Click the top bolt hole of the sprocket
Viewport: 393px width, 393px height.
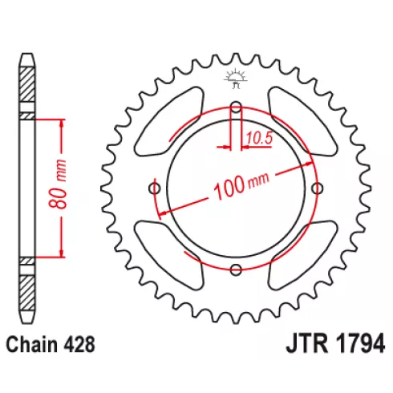(x=236, y=107)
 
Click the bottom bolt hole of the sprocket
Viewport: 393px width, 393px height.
(x=236, y=269)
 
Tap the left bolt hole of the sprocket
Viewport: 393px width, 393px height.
(x=155, y=188)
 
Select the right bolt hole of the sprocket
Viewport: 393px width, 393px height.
(x=317, y=188)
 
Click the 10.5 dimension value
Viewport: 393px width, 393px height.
(x=259, y=138)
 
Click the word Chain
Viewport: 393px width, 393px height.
(x=32, y=345)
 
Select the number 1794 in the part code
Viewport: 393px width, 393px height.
(x=359, y=344)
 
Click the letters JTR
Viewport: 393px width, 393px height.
(x=307, y=344)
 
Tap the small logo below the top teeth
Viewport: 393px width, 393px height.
(x=236, y=78)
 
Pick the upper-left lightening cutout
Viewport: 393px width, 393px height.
(x=169, y=121)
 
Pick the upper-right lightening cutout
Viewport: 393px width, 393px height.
(x=302, y=121)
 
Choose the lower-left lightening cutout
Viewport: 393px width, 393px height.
(x=169, y=255)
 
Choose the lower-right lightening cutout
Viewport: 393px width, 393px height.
(x=302, y=255)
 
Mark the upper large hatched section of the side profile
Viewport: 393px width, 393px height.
(x=27, y=84)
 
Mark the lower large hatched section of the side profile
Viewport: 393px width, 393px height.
(x=27, y=294)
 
